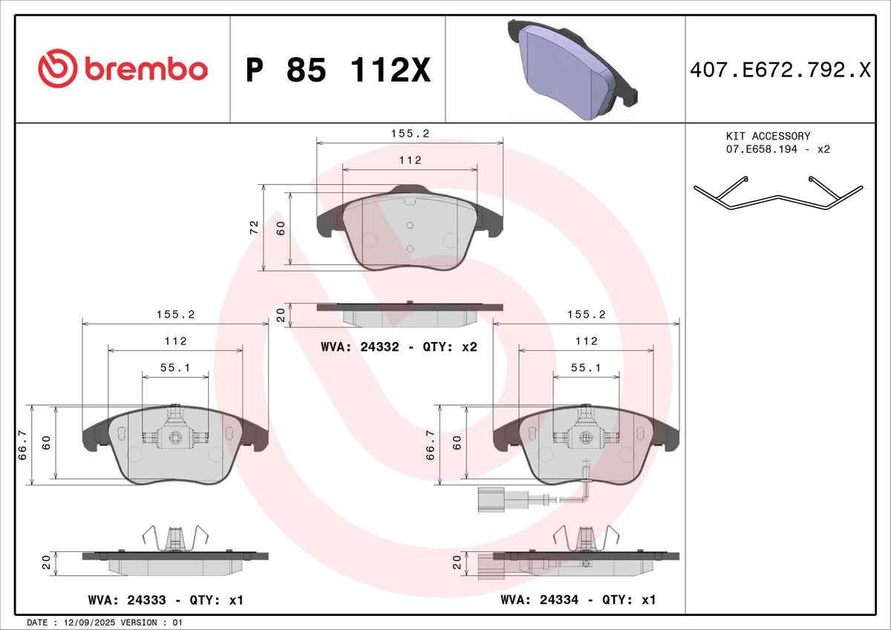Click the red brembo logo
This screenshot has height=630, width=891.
[x=123, y=68]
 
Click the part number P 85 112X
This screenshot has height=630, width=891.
[x=338, y=70]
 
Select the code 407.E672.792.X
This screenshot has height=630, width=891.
[x=780, y=70]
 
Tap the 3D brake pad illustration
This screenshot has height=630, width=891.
[x=572, y=69]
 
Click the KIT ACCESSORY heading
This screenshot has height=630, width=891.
[x=768, y=137]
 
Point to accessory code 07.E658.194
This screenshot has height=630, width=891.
[x=761, y=149]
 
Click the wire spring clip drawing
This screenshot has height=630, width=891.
[x=778, y=193]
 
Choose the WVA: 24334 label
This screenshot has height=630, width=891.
[x=539, y=600]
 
